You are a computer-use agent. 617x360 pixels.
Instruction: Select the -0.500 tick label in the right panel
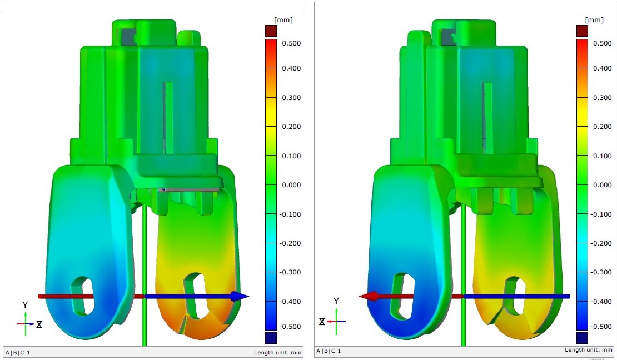pos(603,327)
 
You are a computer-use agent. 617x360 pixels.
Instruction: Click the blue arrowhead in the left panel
pos(240,297)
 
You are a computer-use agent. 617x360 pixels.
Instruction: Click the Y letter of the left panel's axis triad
pos(25,305)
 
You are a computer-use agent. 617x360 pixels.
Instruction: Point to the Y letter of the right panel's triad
pos(336,301)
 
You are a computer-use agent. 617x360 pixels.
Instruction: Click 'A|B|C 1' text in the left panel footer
pos(18,352)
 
